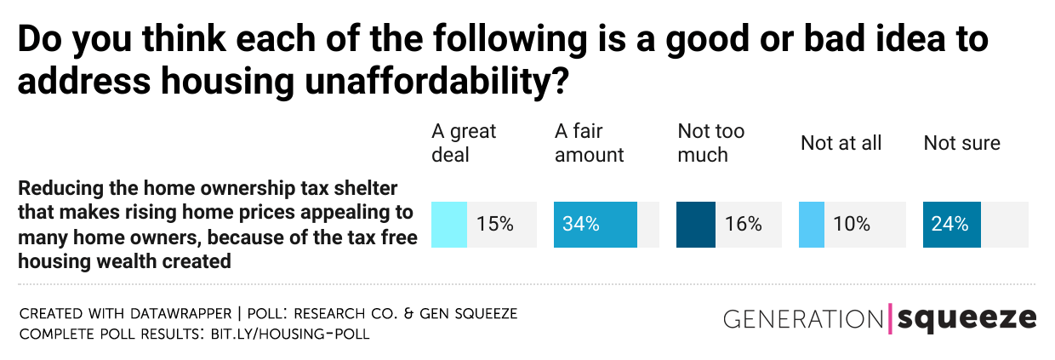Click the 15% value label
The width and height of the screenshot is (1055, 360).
[x=494, y=225]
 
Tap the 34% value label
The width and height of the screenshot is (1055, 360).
[x=581, y=225]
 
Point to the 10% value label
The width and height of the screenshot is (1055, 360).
[x=852, y=225]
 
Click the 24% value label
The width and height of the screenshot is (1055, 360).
[x=949, y=225]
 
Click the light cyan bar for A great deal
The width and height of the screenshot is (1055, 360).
[x=449, y=225]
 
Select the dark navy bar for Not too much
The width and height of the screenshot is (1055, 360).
[x=695, y=225]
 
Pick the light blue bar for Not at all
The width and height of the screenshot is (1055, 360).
[x=812, y=225]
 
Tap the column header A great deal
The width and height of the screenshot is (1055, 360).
[x=464, y=143]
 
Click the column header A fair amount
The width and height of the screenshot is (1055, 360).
[x=589, y=143]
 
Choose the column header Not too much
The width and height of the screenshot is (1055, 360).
[x=710, y=143]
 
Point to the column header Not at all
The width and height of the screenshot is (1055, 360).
[x=841, y=143]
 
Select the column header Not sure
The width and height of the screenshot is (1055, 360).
[x=961, y=143]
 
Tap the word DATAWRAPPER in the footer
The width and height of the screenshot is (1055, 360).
[x=176, y=314]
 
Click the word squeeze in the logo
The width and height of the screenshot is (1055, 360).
[x=967, y=318]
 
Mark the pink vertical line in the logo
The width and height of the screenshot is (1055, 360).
[x=890, y=318]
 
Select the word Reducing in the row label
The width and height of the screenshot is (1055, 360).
[x=55, y=187]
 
